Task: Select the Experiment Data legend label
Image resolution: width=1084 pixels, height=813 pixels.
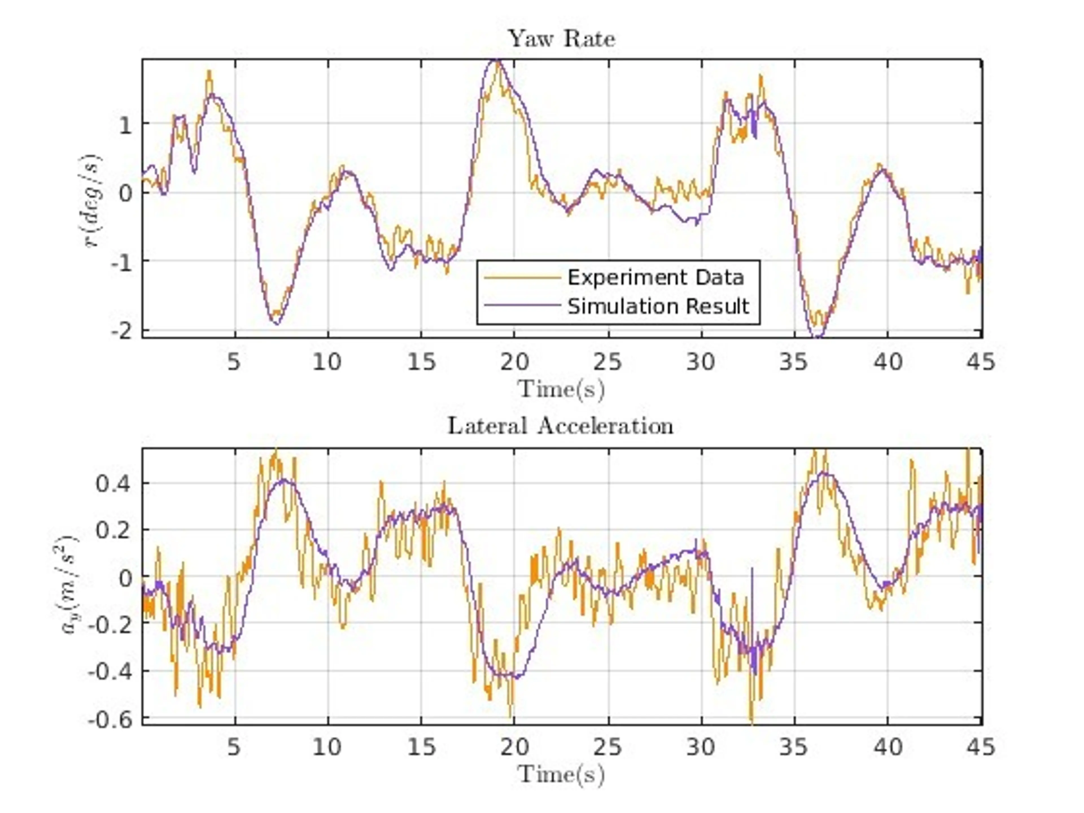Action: pos(656,278)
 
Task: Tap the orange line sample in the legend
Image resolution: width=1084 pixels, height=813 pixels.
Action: pos(522,278)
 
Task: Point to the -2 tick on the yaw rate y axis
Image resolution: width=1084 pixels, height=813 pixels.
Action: pos(122,332)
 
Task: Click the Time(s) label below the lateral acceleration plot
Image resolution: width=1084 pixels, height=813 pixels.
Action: pos(561,775)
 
